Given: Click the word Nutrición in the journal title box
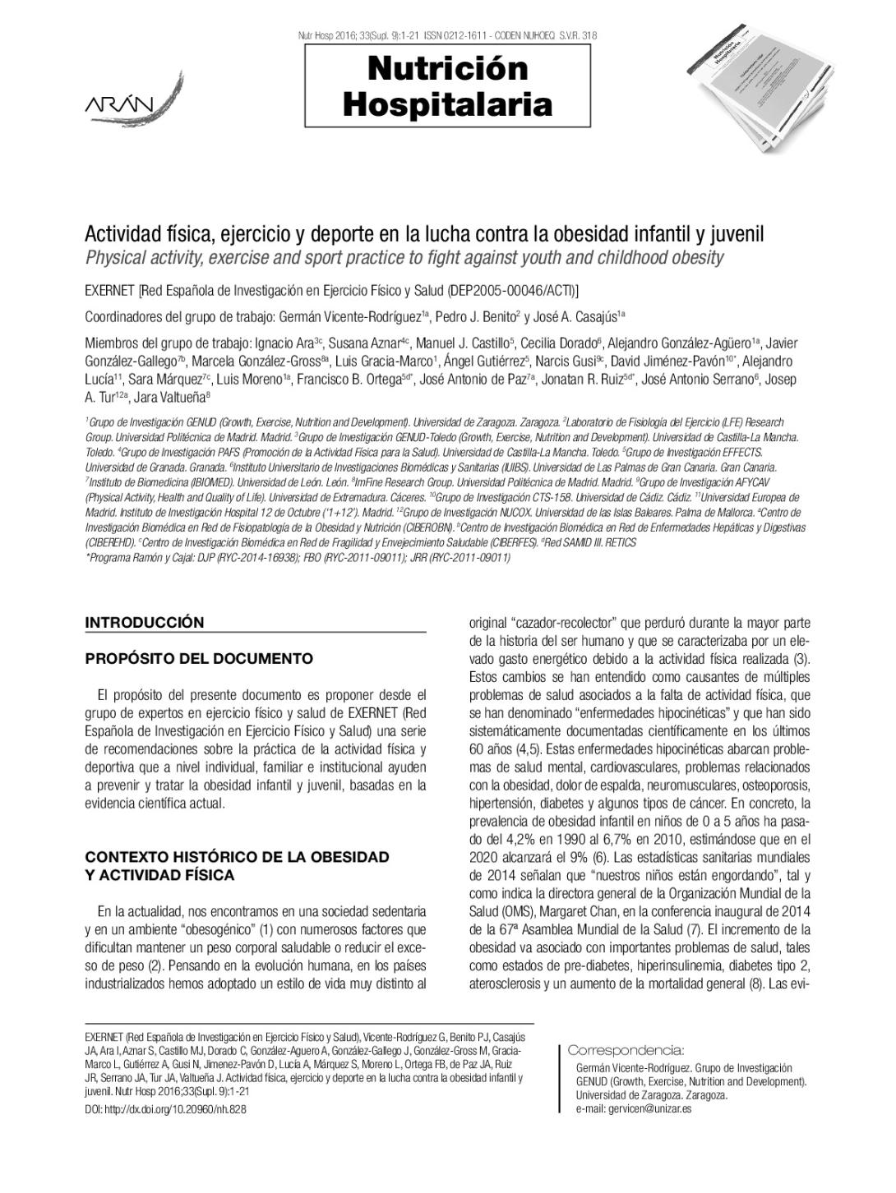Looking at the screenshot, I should tap(447, 69).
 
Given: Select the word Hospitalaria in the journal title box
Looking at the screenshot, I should tap(447, 105).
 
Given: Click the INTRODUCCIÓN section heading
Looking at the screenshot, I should tap(144, 622).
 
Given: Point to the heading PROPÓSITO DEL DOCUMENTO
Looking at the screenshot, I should tap(199, 658).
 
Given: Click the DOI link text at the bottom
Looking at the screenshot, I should tap(165, 1109).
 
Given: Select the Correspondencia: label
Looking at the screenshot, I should tap(626, 1050).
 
